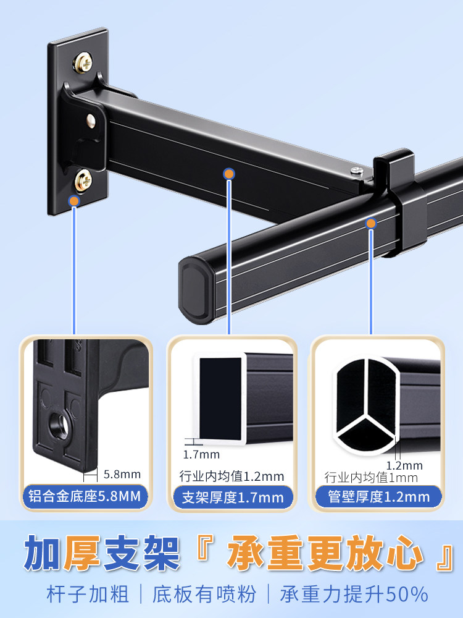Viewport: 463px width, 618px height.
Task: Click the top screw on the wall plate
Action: tap(83, 62)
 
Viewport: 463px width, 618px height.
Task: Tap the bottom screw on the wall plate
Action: tap(83, 180)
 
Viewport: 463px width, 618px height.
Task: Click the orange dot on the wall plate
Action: tap(73, 201)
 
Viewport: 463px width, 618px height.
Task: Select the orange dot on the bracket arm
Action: tap(229, 174)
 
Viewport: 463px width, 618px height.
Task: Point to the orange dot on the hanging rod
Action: tap(371, 224)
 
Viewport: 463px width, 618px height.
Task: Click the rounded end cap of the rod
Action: tap(197, 290)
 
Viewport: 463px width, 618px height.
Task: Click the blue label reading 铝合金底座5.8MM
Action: tap(85, 496)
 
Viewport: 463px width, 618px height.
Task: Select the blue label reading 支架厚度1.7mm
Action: tap(233, 497)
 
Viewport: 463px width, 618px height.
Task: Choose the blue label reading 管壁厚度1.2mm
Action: tap(378, 497)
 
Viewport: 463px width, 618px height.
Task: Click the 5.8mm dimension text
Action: tap(122, 474)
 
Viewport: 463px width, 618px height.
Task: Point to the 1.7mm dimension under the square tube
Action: tap(201, 454)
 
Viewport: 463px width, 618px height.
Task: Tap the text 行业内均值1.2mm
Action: tap(231, 476)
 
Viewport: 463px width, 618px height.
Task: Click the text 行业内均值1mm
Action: tap(371, 478)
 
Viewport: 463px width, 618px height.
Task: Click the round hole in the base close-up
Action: tap(59, 426)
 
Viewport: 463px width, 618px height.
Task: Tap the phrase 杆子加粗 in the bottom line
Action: tap(88, 595)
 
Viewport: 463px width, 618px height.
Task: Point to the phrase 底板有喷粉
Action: tap(204, 595)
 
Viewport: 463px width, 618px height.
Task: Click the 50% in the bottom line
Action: tap(408, 595)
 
